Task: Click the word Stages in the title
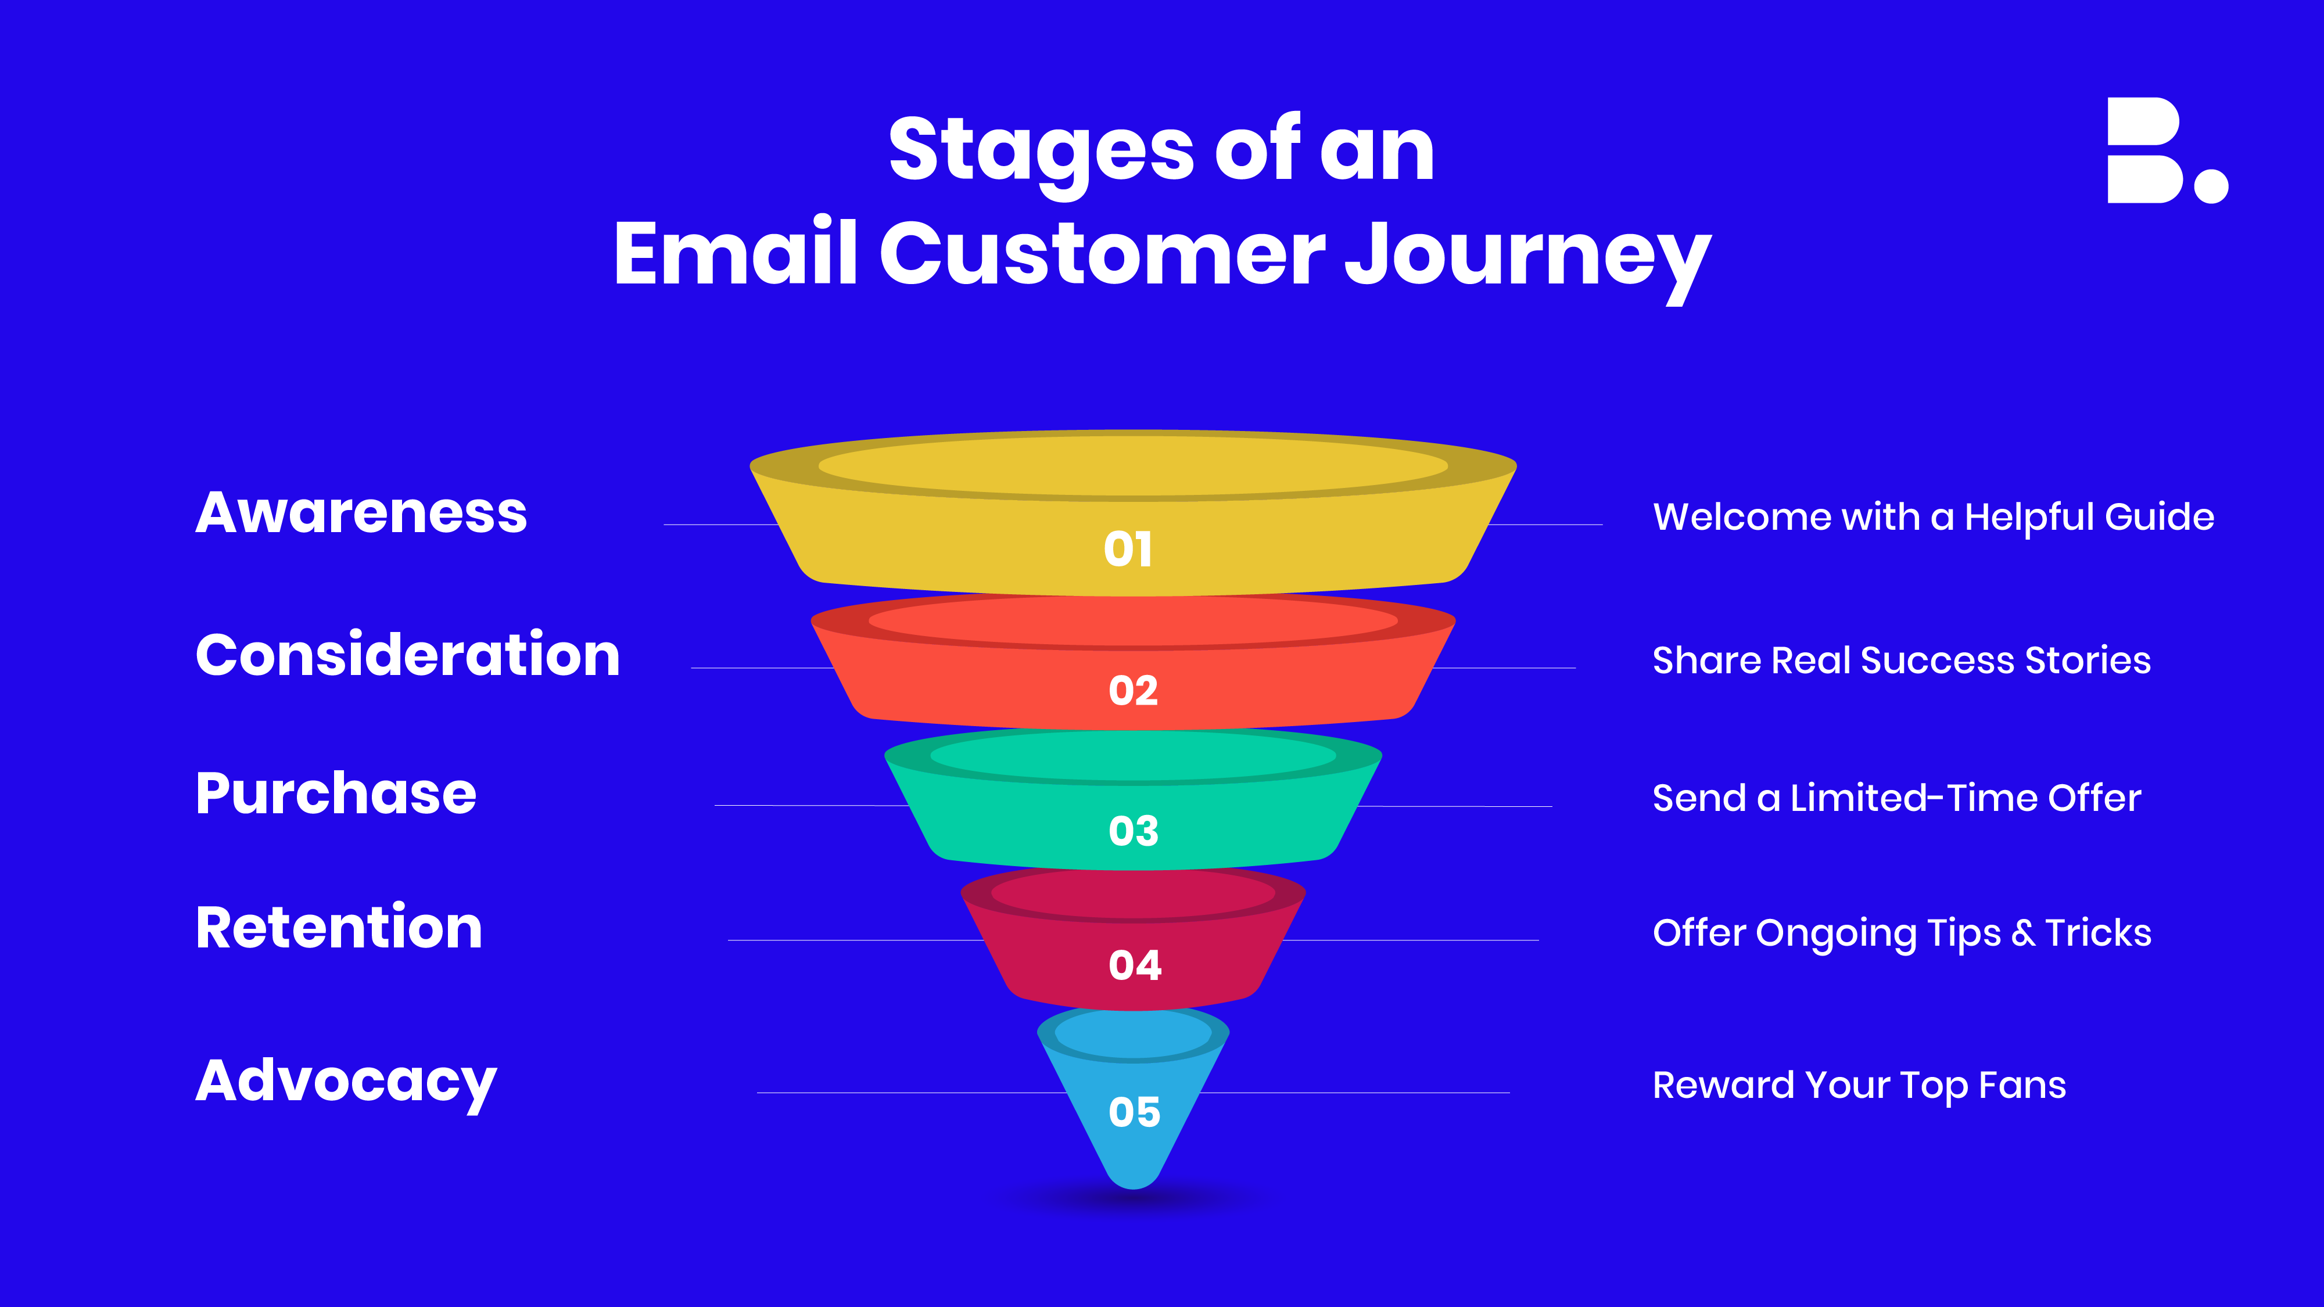(1041, 152)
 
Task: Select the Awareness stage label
(361, 514)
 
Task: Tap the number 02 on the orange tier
(1133, 691)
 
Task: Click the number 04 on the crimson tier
(1135, 965)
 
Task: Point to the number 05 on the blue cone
(1134, 1112)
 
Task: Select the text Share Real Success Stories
(1902, 661)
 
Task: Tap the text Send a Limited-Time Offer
(1896, 798)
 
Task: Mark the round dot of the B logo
(2211, 185)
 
